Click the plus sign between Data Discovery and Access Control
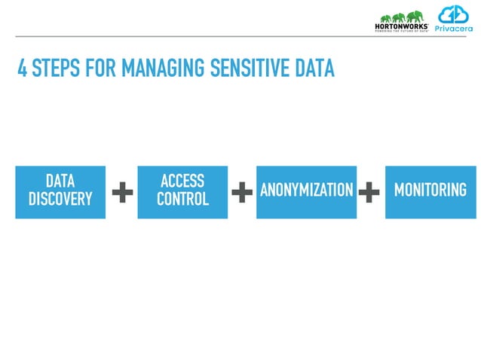click(x=122, y=193)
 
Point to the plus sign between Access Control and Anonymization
click(x=241, y=193)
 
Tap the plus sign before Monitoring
click(x=369, y=193)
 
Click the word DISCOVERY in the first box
click(x=60, y=199)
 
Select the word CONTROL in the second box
click(x=182, y=199)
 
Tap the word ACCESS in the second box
click(x=182, y=181)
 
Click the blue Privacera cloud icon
click(x=454, y=14)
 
